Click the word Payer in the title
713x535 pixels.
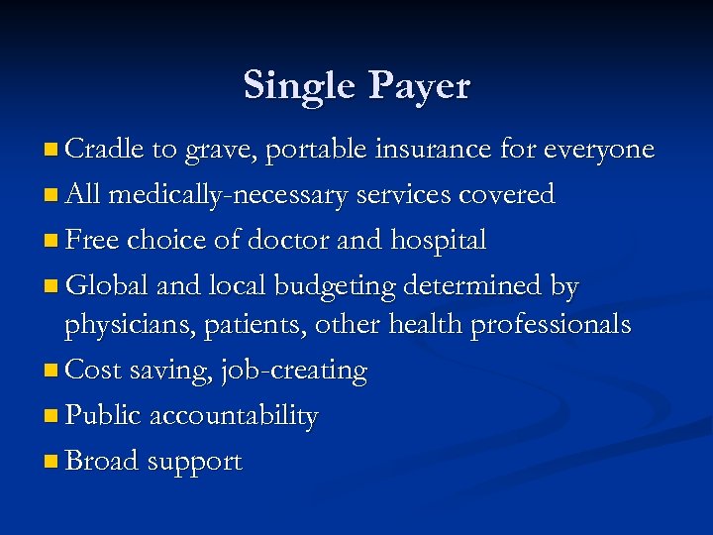[421, 87]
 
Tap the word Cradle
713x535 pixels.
[104, 150]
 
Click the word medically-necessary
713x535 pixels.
[228, 195]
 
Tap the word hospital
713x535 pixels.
[439, 241]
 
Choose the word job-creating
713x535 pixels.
[294, 372]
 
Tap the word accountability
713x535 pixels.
[234, 417]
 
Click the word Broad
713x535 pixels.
[102, 462]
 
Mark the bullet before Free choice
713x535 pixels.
[51, 242]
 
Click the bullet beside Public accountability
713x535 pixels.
[51, 417]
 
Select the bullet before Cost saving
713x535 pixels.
[51, 372]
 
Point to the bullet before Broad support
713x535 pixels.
[51, 463]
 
